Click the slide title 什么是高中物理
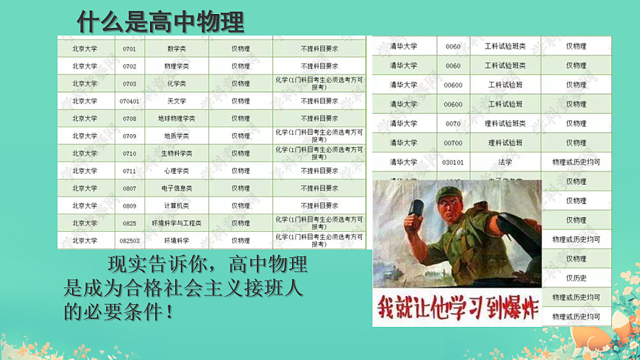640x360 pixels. [160, 22]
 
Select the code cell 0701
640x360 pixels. [129, 49]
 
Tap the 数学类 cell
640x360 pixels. [177, 49]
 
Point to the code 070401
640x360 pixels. [129, 102]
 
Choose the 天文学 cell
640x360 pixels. [177, 102]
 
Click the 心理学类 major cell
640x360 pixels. [177, 171]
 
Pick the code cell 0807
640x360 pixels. [129, 188]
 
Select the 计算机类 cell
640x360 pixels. [177, 206]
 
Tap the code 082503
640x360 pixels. [129, 241]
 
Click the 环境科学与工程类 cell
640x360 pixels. [177, 223]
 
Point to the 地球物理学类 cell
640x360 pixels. [177, 119]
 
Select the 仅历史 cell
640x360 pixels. [576, 278]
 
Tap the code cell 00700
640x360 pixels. [453, 143]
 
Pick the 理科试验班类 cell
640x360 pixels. [505, 124]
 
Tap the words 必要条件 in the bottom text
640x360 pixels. [119, 311]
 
